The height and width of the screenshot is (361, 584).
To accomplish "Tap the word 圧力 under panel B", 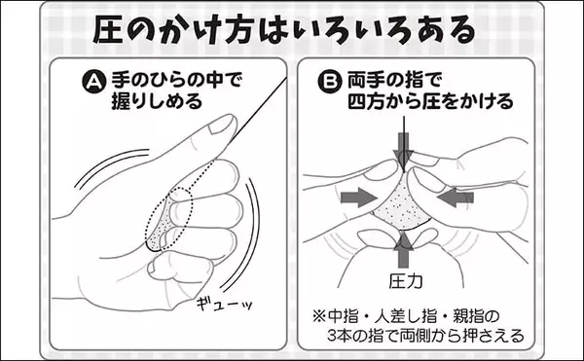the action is click(x=406, y=281).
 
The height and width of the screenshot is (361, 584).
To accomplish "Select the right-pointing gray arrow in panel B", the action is click(x=359, y=198).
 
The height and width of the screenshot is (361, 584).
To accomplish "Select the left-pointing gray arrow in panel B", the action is click(x=456, y=198).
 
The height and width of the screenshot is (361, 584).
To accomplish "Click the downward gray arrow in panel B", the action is click(x=403, y=148).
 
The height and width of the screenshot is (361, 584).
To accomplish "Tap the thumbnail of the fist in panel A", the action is click(x=221, y=126).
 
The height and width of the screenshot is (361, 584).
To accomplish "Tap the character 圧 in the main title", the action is click(x=108, y=29).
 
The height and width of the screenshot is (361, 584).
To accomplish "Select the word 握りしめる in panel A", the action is click(x=157, y=101).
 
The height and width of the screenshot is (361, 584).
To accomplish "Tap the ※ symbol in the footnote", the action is click(x=319, y=316).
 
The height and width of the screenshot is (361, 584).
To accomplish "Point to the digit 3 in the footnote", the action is click(x=332, y=336).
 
